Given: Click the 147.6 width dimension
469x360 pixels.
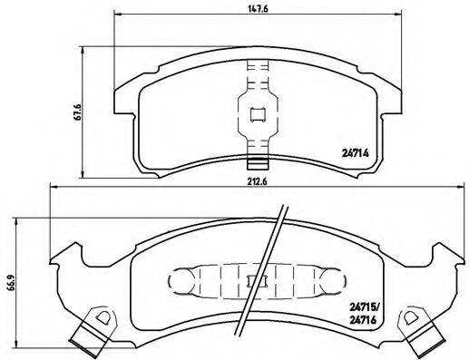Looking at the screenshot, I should [258, 10].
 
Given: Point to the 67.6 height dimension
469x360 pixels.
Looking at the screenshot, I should [80, 112].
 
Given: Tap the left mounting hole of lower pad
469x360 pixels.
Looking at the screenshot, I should [103, 318].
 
